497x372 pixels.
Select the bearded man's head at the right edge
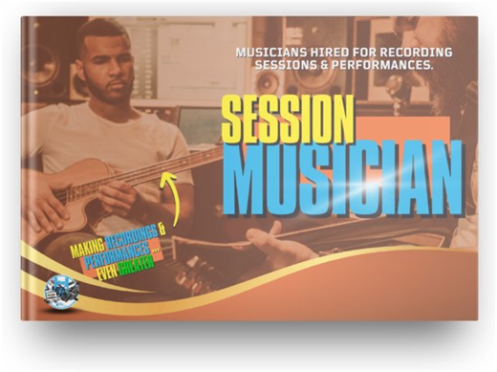tap(449, 57)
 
